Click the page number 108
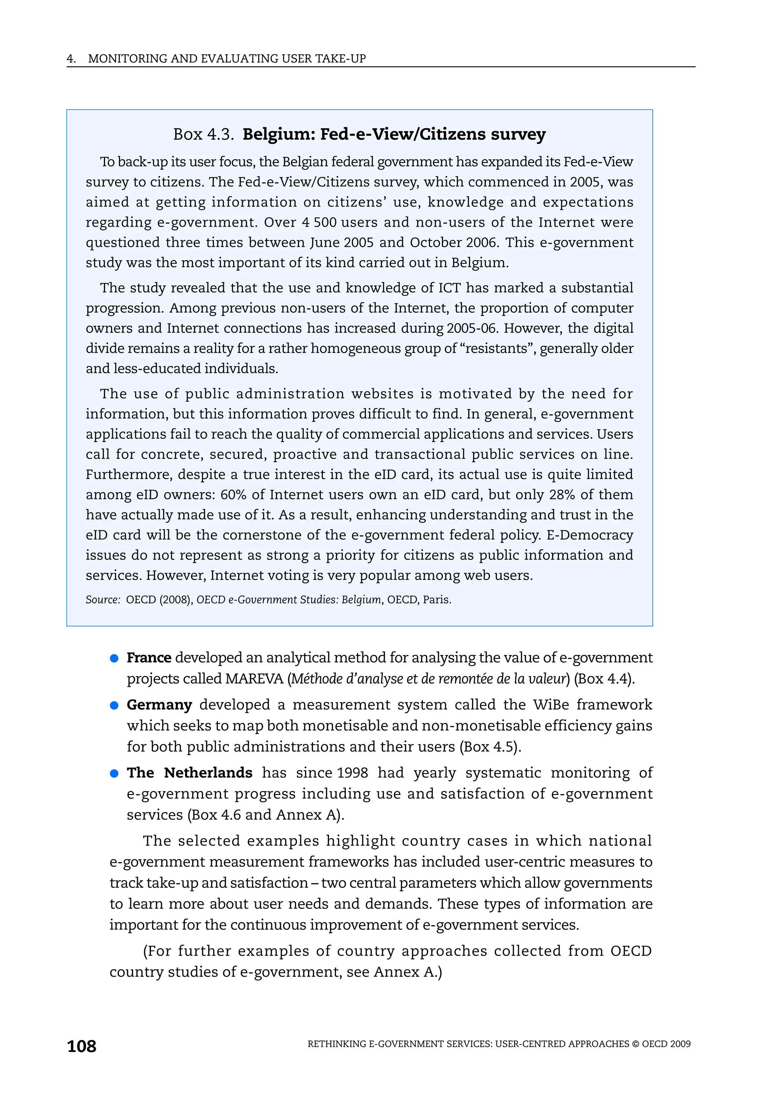click(x=82, y=1046)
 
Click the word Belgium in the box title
click(x=276, y=134)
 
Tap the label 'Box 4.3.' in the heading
click(x=203, y=135)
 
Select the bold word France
click(x=149, y=657)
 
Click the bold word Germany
click(x=159, y=705)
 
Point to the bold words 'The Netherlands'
click(x=189, y=773)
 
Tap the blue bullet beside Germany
click(x=114, y=705)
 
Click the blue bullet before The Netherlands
click(x=114, y=773)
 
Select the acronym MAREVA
click(x=255, y=678)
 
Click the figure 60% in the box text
click(x=233, y=495)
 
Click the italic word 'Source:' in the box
click(x=102, y=600)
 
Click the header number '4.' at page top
click(x=71, y=59)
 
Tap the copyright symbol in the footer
click(x=635, y=1044)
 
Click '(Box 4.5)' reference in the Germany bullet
click(x=490, y=746)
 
